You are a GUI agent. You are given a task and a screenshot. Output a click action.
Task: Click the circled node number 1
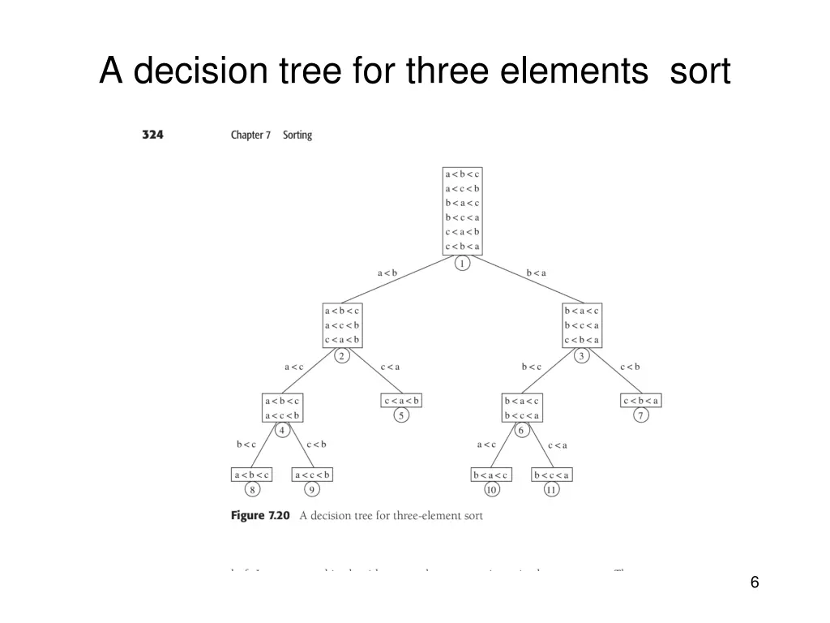[x=462, y=264]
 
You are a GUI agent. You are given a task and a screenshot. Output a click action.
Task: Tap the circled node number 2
[x=341, y=356]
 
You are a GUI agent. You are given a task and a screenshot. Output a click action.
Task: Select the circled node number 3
[x=581, y=356]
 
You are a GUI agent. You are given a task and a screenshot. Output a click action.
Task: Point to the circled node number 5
[x=401, y=416]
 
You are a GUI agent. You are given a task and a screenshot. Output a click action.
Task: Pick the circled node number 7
[x=641, y=416]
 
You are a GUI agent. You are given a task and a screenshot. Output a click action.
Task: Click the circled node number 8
[x=252, y=490]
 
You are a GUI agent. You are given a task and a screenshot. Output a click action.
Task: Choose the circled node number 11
[x=552, y=490]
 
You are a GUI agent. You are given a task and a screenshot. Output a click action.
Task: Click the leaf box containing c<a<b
[x=401, y=401]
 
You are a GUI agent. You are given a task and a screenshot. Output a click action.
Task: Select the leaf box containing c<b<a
[x=641, y=401]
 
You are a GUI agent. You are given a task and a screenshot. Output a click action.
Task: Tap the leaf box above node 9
[x=312, y=475]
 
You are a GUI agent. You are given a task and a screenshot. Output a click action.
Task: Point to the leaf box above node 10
[x=491, y=475]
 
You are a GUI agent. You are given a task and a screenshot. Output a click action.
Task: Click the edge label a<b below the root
[x=387, y=273]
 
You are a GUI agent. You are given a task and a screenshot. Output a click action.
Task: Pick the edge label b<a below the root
[x=537, y=273]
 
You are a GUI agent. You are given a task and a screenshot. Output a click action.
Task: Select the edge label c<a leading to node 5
[x=390, y=367]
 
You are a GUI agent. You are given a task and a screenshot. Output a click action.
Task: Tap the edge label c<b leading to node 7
[x=630, y=367]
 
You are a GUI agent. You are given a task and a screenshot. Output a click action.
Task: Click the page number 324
[x=152, y=135]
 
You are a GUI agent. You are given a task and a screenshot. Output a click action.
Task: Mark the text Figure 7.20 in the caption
[x=259, y=515]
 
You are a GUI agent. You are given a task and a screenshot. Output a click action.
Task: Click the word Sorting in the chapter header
[x=297, y=135]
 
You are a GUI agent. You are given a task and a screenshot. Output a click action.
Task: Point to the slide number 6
[x=755, y=582]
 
